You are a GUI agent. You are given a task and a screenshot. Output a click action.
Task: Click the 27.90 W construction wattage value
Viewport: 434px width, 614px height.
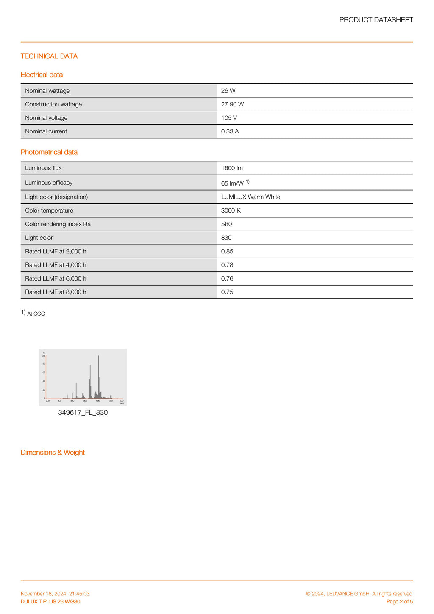click(x=232, y=104)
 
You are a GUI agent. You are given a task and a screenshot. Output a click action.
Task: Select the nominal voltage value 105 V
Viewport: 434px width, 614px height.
click(x=229, y=118)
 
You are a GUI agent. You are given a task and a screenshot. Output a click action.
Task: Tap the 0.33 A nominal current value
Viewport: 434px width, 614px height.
click(x=230, y=131)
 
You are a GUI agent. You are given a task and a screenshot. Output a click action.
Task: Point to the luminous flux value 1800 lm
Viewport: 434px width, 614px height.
click(x=232, y=168)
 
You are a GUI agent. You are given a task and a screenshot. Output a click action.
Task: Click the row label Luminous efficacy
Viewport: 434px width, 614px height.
click(x=49, y=183)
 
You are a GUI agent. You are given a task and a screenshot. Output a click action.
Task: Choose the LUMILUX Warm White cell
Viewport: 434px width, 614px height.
click(x=250, y=197)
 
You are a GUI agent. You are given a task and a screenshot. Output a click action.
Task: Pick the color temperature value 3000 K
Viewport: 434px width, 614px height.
click(x=231, y=211)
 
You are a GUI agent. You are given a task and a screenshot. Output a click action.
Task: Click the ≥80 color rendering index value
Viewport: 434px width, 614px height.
click(x=226, y=224)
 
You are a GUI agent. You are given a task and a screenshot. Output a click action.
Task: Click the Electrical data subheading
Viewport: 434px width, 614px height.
click(x=42, y=75)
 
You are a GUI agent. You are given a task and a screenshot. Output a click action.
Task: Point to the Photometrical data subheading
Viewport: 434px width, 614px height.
click(x=49, y=152)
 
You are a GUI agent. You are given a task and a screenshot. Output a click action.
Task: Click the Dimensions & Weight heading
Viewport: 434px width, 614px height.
click(x=53, y=453)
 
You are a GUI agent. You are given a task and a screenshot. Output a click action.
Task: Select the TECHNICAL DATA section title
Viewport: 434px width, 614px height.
click(x=49, y=56)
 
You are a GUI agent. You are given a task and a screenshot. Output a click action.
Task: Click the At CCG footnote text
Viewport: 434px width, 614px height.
click(x=36, y=314)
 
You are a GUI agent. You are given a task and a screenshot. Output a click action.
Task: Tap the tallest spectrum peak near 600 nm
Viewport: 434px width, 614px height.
click(x=98, y=357)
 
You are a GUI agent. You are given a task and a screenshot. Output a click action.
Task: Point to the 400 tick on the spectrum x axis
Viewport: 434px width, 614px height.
click(x=72, y=400)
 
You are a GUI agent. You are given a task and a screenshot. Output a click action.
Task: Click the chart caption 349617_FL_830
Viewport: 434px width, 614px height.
click(x=83, y=413)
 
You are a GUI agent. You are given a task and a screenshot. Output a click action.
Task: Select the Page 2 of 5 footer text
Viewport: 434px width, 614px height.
click(x=399, y=602)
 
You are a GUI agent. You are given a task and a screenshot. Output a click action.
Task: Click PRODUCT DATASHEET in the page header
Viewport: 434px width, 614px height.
click(x=376, y=20)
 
